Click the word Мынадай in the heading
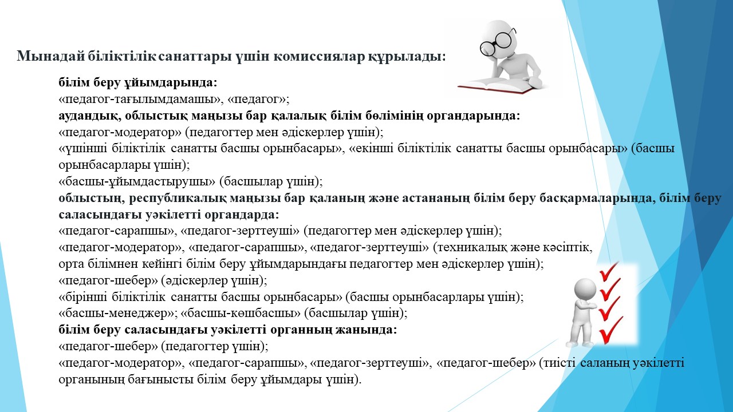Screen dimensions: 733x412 (x=51, y=56)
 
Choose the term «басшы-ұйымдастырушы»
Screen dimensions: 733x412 (x=137, y=181)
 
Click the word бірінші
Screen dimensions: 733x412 (x=83, y=297)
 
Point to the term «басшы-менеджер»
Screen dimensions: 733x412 (x=118, y=313)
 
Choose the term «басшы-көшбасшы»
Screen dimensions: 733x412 (x=241, y=313)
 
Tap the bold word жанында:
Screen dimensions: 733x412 (x=366, y=330)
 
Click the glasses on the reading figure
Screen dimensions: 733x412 (x=498, y=42)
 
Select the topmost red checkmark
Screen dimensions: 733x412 (x=609, y=271)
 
